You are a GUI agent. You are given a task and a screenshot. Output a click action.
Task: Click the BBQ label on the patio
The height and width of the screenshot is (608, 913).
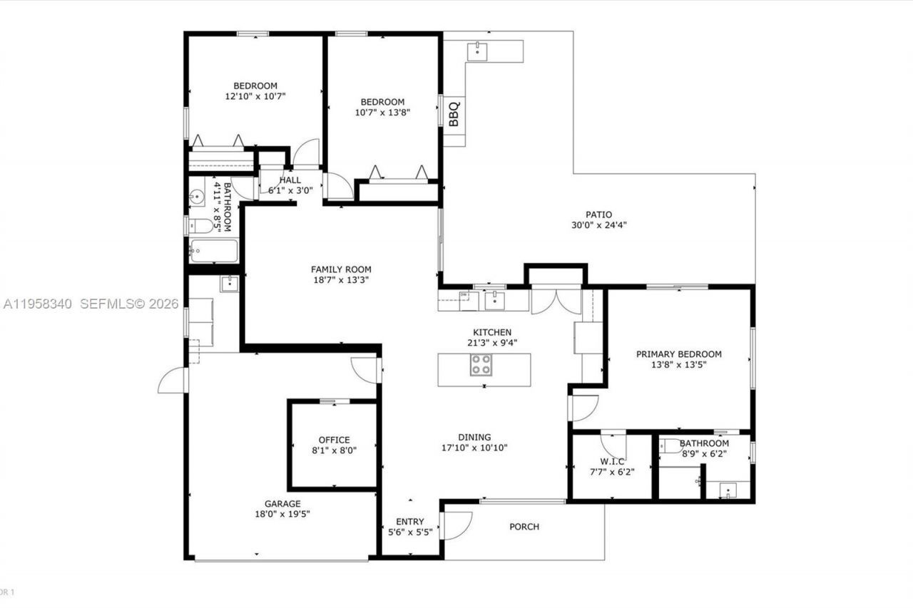(x=454, y=114)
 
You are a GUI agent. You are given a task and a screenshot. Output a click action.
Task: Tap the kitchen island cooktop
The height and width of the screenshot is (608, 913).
(x=481, y=365)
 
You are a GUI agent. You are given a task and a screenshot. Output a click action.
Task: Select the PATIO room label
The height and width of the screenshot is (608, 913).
(x=598, y=215)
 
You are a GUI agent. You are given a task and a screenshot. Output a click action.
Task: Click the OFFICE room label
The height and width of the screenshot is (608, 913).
(x=334, y=440)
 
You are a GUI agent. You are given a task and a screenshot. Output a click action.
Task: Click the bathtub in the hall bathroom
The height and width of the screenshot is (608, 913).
(x=213, y=251)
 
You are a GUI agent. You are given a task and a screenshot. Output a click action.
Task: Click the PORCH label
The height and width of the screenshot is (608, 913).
(x=524, y=527)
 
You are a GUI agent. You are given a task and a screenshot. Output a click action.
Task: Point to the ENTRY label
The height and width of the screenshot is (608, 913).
(x=409, y=522)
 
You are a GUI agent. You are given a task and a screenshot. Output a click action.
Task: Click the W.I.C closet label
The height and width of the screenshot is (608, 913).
(x=612, y=460)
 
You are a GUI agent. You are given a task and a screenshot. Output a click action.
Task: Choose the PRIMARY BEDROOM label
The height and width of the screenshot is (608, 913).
(x=678, y=354)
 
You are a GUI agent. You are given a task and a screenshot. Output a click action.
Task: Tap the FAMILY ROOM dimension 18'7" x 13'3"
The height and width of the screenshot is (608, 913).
(x=340, y=279)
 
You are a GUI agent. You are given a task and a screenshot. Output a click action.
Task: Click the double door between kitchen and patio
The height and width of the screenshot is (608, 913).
(x=557, y=300)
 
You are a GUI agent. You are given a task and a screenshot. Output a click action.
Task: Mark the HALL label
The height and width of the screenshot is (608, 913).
(x=290, y=180)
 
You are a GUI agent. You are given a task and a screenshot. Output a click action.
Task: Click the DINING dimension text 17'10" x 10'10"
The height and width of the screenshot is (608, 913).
(x=474, y=448)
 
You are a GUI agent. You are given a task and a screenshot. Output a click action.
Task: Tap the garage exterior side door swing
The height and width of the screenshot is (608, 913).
(x=172, y=380)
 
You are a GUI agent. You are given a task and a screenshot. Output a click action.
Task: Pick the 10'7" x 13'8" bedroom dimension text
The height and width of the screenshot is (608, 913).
(x=382, y=112)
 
